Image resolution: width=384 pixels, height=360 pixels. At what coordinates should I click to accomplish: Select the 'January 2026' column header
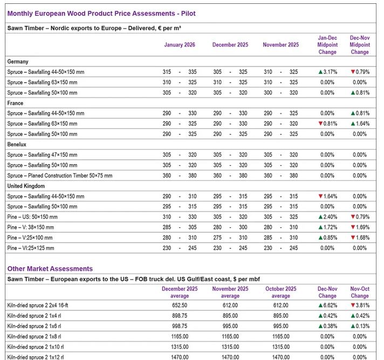(x=180, y=45)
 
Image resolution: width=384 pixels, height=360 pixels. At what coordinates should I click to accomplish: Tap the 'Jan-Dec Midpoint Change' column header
(x=327, y=45)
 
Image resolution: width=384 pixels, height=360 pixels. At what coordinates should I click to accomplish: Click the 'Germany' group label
(x=18, y=62)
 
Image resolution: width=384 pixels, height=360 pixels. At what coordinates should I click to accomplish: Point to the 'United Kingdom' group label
(x=26, y=186)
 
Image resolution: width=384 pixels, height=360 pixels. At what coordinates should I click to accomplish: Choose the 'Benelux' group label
(x=18, y=145)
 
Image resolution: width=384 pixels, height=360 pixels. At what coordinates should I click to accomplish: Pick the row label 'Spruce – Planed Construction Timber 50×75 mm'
(x=60, y=175)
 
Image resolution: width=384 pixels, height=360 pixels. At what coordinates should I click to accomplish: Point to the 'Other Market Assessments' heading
(x=50, y=268)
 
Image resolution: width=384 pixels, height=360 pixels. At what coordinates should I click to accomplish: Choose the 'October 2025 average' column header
(x=280, y=292)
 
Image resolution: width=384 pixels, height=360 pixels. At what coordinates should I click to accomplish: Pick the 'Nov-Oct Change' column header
(x=360, y=292)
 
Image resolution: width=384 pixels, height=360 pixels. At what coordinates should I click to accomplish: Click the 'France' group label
(x=15, y=103)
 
